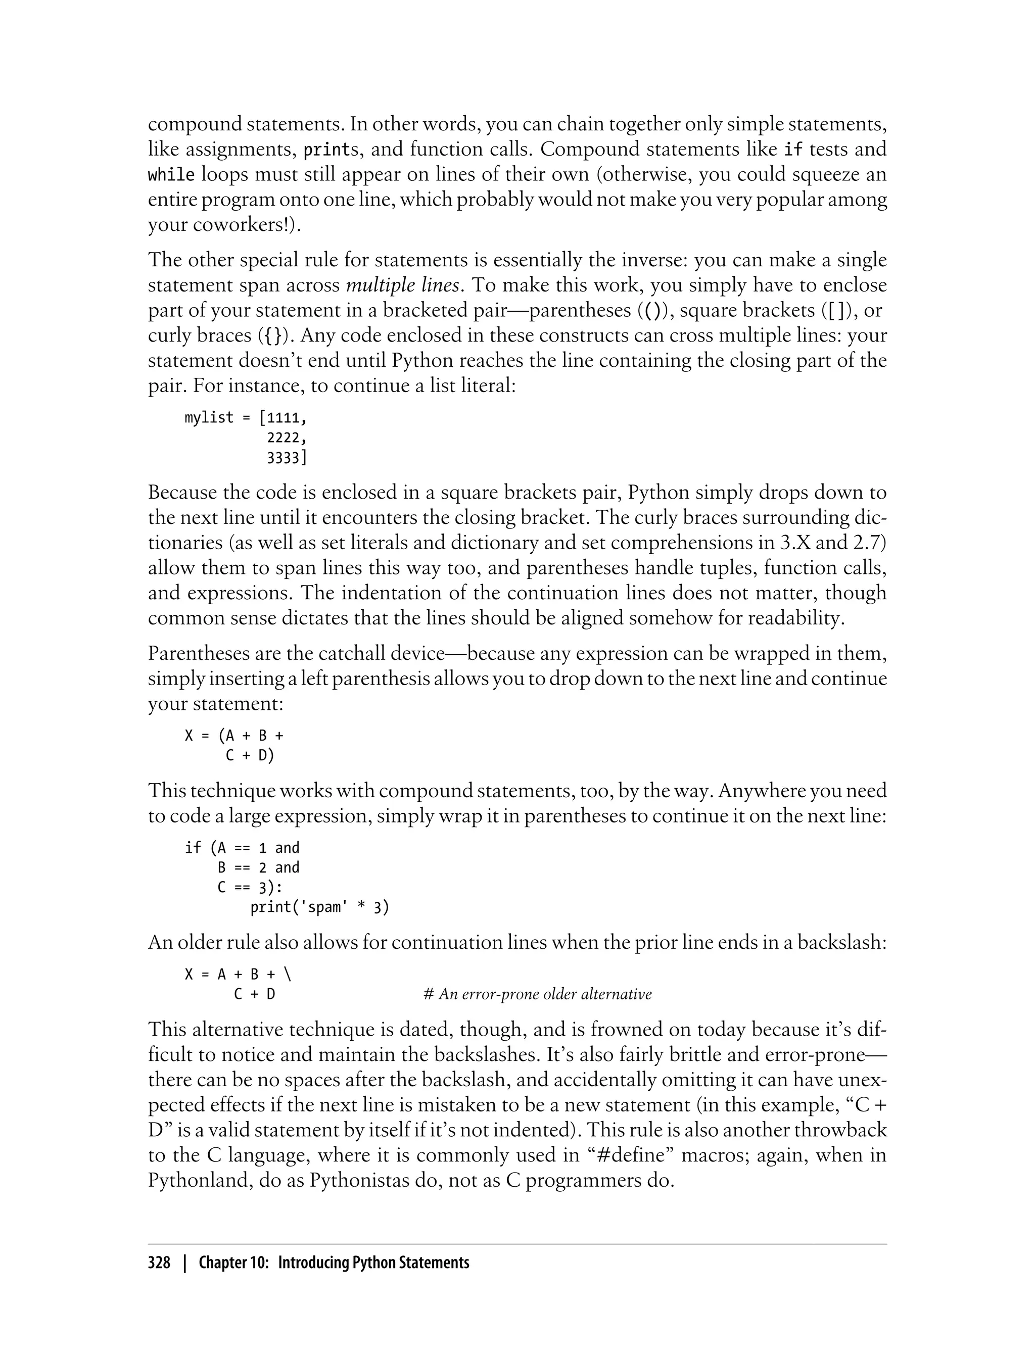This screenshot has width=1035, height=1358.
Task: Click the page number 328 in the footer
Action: click(x=159, y=1263)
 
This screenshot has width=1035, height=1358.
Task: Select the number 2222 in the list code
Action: click(x=287, y=438)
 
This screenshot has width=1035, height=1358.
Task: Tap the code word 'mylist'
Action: click(x=209, y=418)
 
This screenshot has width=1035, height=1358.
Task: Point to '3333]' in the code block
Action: click(x=287, y=458)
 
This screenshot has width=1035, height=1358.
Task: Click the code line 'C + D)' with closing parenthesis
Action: click(x=250, y=755)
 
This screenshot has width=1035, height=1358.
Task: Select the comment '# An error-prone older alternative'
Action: click(x=537, y=995)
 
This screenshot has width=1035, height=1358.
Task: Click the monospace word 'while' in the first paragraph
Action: click(x=171, y=175)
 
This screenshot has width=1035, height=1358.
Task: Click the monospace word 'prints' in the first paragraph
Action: click(x=332, y=150)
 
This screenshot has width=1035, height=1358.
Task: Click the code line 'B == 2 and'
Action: click(x=258, y=868)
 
